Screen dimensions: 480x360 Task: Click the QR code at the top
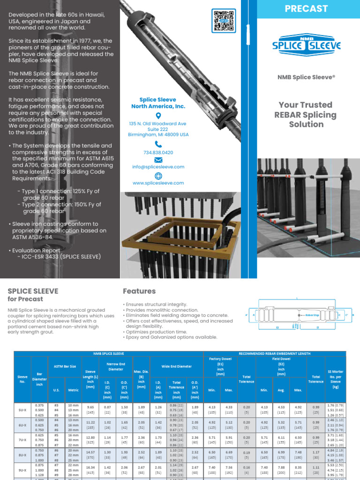pyautogui.click(x=224, y=20)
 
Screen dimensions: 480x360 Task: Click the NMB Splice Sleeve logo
pyautogui.click(x=307, y=45)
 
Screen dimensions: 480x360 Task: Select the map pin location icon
pyautogui.click(x=158, y=116)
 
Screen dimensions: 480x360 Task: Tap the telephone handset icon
pyautogui.click(x=158, y=144)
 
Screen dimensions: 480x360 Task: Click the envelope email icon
pyautogui.click(x=158, y=160)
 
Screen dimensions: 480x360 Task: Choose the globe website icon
pyautogui.click(x=158, y=176)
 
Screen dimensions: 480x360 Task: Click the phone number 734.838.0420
pyautogui.click(x=158, y=153)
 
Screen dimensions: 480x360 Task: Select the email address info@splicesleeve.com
pyautogui.click(x=158, y=167)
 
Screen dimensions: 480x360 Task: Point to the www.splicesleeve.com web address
pyautogui.click(x=158, y=183)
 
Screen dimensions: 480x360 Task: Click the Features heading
pyautogui.click(x=139, y=291)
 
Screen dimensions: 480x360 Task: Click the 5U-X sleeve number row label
pyautogui.click(x=22, y=409)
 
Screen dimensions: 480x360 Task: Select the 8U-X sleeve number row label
pyautogui.click(x=22, y=454)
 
